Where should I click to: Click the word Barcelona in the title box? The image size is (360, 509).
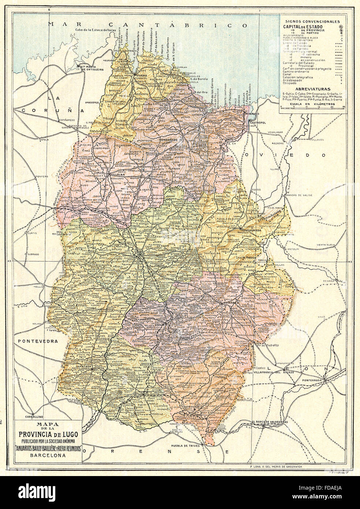click(x=47, y=456)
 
